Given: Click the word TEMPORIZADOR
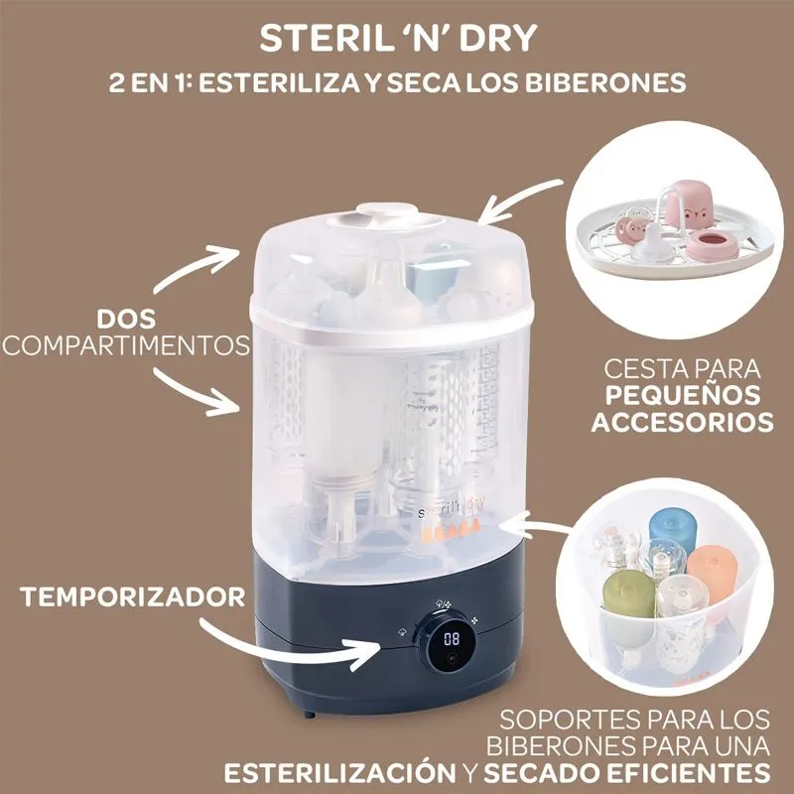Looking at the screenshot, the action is point(133,597).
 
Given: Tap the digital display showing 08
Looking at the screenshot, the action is point(452,638).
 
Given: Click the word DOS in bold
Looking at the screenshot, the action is point(127,320).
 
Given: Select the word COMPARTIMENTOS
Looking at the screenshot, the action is point(126,345).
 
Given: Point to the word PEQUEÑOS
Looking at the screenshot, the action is point(683,395).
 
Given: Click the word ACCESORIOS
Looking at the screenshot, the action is point(683,422).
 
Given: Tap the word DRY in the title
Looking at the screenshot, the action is point(498,38).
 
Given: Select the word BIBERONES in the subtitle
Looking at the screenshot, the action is point(605,82).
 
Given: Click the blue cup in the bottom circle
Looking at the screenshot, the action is point(672,531).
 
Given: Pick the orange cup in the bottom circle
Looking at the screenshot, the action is point(712,575).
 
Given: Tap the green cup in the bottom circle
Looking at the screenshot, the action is point(628,595).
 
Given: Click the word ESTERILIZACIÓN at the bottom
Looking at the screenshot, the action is point(340,773).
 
